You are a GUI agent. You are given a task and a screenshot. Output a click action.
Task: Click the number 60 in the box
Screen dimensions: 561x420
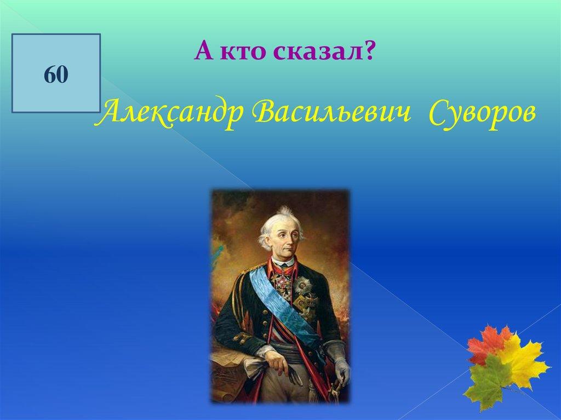(x=56, y=74)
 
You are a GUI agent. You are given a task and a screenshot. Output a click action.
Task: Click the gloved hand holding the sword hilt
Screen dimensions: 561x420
(x=342, y=369)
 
